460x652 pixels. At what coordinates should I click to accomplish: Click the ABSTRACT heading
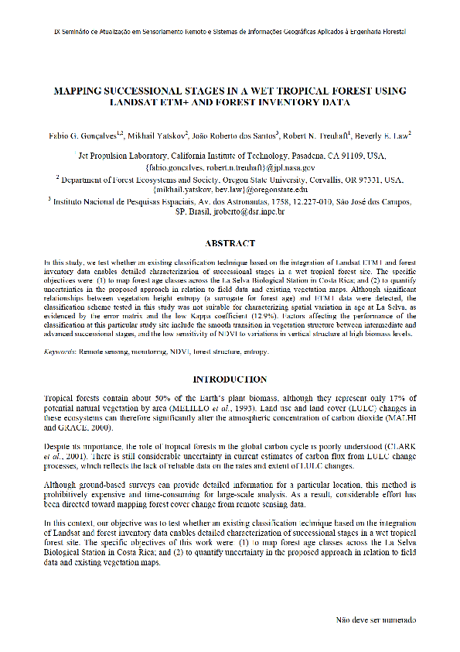click(230, 243)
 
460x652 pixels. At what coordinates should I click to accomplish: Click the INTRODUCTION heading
click(230, 379)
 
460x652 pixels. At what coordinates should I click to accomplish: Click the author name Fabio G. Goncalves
click(81, 136)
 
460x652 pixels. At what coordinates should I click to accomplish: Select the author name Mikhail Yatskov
click(157, 136)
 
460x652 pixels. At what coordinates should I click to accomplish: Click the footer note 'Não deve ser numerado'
click(375, 620)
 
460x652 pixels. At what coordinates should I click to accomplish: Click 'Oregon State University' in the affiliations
click(285, 178)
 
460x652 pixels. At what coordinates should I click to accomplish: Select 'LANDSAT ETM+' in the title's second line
click(147, 101)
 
